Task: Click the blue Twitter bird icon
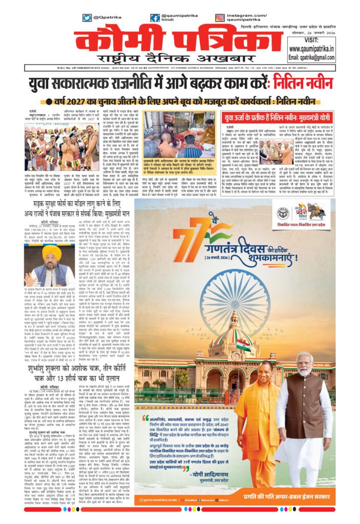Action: pos(87,17)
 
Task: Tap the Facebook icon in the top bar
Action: pos(155,17)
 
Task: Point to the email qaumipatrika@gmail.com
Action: pos(318,57)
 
